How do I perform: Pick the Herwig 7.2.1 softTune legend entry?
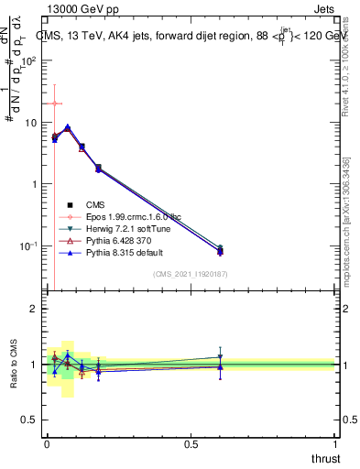pos(125,228)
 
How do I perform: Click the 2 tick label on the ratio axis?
pos(34,309)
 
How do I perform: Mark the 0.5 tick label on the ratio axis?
pos(29,420)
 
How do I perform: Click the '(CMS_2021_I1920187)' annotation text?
pos(191,274)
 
